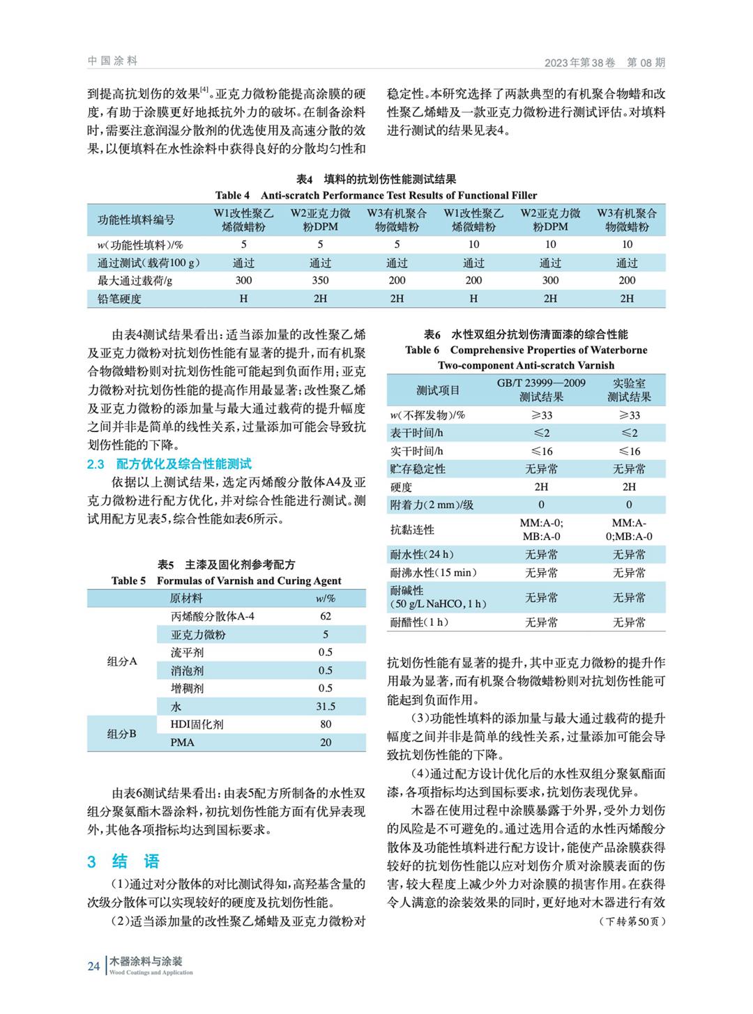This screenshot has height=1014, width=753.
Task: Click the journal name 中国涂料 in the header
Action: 113,61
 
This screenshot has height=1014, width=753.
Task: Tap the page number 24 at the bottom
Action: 93,965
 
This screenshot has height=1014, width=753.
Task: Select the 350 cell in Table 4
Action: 320,280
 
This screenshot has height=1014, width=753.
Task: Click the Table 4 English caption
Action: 376,195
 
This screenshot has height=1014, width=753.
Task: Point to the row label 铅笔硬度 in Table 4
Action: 119,298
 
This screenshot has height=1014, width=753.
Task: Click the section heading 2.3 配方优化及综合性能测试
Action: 169,464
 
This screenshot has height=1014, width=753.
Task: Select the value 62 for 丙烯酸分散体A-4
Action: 325,616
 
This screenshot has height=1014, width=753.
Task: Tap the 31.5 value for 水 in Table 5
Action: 325,706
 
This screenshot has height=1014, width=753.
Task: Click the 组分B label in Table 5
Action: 121,733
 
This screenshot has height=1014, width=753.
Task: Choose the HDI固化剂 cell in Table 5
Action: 197,724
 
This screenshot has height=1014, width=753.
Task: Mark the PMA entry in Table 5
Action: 183,742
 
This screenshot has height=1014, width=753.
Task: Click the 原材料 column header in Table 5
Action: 186,598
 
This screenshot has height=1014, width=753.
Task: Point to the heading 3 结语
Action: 123,861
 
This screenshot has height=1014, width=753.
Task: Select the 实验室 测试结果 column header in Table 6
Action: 629,390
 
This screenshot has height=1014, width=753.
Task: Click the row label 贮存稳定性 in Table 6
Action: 418,469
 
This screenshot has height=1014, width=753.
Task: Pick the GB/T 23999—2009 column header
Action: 541,390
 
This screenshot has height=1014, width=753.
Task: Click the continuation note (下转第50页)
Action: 632,921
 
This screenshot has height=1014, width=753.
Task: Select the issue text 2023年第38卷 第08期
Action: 604,63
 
